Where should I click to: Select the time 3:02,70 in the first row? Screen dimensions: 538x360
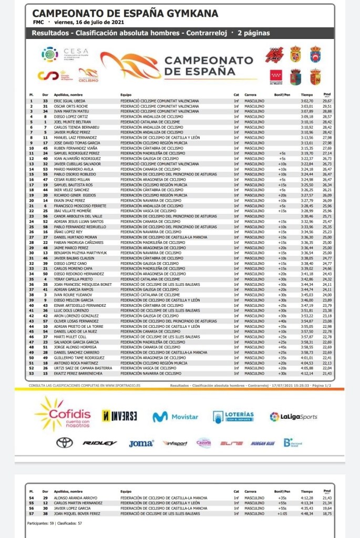pos(307,100)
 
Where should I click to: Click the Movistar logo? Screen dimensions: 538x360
pos(176,417)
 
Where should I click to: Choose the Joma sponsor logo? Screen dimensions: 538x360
pos(141,443)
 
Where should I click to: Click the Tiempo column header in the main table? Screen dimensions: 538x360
pos(307,95)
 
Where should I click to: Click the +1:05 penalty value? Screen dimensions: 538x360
pos(283,514)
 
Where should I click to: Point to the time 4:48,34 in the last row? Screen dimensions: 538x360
pos(307,514)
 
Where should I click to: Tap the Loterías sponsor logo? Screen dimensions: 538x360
pos(233,417)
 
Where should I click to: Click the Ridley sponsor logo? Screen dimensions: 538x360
pos(100,443)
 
